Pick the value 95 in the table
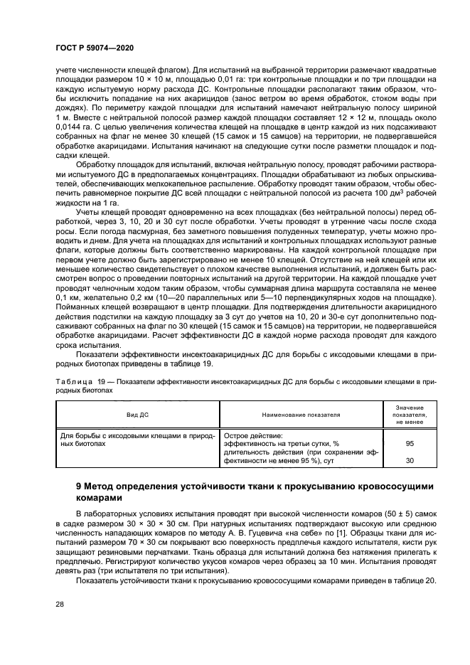pyautogui.click(x=410, y=443)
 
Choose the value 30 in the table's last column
pyautogui.click(x=410, y=461)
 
